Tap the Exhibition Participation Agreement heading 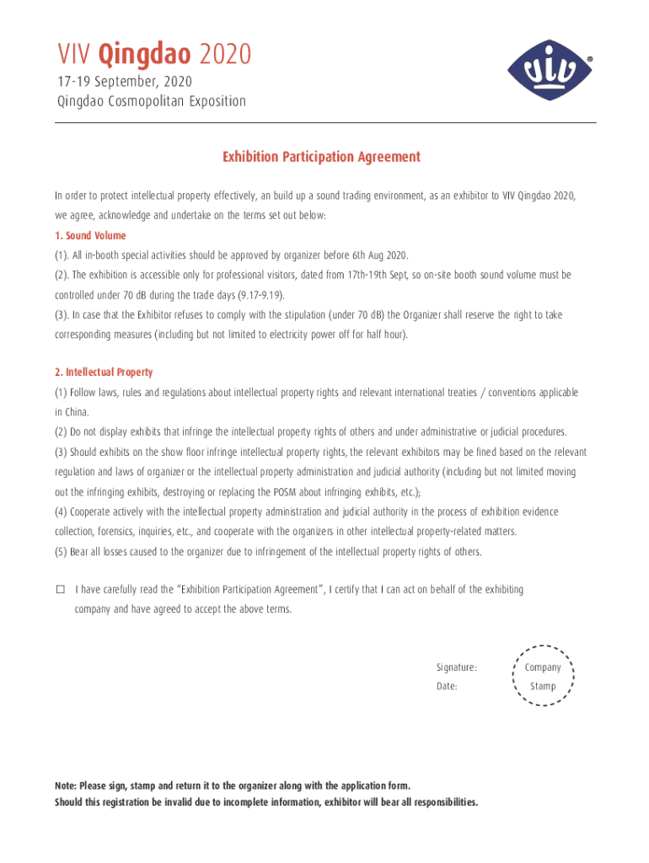click(x=321, y=157)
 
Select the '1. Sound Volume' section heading click(x=90, y=236)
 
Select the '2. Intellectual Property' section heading click(x=104, y=373)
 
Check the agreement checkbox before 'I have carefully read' click(x=61, y=590)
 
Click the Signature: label click(x=457, y=667)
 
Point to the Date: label click(x=447, y=686)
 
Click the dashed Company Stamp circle click(x=543, y=676)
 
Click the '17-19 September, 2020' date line click(x=124, y=82)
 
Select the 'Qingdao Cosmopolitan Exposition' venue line click(x=151, y=102)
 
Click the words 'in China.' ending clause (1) click(x=72, y=412)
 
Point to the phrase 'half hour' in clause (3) click(x=383, y=335)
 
